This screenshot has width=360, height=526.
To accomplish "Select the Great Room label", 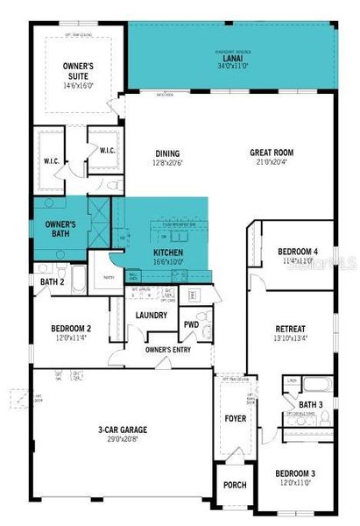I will pos(272,153).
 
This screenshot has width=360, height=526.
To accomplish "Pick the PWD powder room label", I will pos(191,324).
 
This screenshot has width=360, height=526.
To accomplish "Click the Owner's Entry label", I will pos(168,350).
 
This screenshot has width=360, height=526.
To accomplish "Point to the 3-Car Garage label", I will pos(122,430).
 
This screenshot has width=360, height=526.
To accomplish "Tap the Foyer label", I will pos(234,419).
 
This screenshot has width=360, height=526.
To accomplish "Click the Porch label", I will pos(235,485).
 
